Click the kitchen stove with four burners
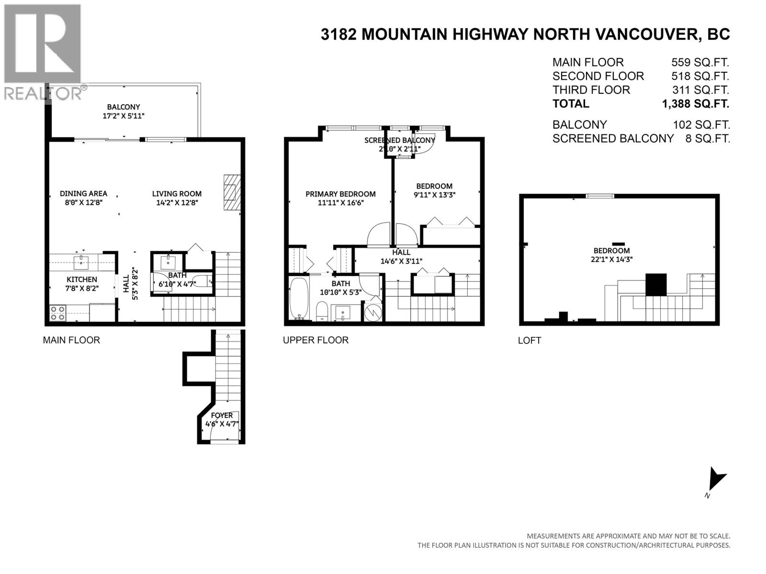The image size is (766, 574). click(x=57, y=313)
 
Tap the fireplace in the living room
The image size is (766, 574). click(x=232, y=192)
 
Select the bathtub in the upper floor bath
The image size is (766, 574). click(x=299, y=298)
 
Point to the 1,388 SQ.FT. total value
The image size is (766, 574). click(x=696, y=104)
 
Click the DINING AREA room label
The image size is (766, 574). click(x=83, y=193)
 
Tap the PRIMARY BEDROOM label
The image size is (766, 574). click(x=340, y=194)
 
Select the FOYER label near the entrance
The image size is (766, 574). click(x=222, y=415)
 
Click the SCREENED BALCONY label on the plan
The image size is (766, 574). click(x=400, y=140)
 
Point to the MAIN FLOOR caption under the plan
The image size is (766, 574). click(x=71, y=340)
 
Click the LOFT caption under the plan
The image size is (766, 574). click(x=529, y=341)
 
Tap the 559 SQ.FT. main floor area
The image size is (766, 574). click(x=700, y=62)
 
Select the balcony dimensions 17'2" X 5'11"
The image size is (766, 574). click(x=124, y=116)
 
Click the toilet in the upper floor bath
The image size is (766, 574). click(x=322, y=311)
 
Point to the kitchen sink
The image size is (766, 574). click(x=81, y=262)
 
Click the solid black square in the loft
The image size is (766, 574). click(x=656, y=285)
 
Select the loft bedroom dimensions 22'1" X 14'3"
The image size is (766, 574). click(x=611, y=259)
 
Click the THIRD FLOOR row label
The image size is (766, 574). click(x=591, y=90)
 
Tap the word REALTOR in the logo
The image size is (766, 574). click(x=41, y=93)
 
